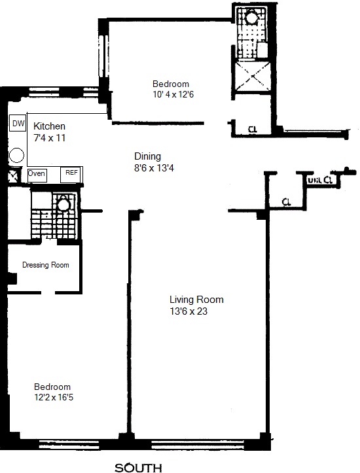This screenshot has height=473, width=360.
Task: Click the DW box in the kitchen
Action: coord(18,123)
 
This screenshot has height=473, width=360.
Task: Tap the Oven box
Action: coord(37,174)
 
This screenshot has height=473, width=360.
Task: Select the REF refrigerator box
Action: coord(70,174)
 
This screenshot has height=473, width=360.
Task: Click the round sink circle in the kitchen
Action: coord(17,155)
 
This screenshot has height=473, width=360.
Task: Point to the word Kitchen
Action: coord(49,126)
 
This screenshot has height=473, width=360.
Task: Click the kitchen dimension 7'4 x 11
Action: coord(49,138)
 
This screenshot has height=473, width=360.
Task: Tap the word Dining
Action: coord(147,156)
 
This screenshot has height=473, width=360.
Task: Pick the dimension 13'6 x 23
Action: coord(187,311)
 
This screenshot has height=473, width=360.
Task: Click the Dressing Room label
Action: coord(46,265)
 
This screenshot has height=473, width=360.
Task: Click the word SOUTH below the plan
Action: coord(138,467)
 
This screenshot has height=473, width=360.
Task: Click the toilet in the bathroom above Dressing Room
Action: coord(63,205)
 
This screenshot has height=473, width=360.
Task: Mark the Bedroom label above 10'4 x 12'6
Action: coord(171,84)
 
